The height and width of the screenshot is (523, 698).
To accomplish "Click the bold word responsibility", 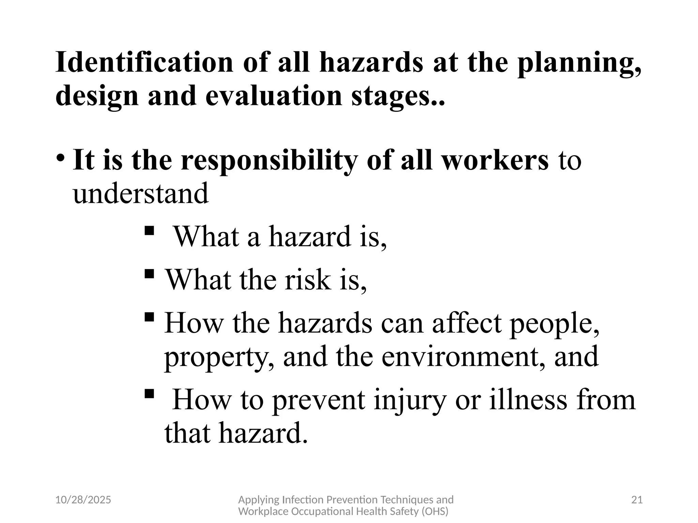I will point(269,161).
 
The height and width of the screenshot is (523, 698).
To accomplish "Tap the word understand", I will point(140,193).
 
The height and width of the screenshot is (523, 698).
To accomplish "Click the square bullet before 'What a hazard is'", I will point(149,231).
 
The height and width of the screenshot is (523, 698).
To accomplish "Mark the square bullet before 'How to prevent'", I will point(149,394).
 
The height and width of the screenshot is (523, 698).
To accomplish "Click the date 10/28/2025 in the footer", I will point(83,500).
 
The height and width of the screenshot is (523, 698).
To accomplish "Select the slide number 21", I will point(637,500).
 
